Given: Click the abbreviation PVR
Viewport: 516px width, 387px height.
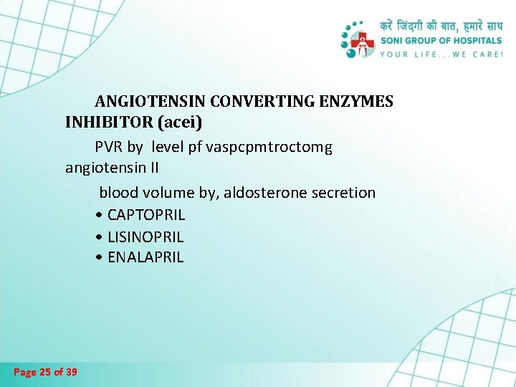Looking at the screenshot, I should [x=110, y=147].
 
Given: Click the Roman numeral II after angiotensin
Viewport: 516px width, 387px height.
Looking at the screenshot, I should [x=153, y=168].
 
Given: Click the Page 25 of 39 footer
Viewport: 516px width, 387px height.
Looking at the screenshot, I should [x=46, y=372].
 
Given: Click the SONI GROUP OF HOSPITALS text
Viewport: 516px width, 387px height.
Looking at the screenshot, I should [x=441, y=40].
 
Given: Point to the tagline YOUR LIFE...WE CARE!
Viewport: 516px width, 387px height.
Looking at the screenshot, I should [x=441, y=54].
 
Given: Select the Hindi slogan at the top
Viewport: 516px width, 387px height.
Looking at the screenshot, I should [x=441, y=25].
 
